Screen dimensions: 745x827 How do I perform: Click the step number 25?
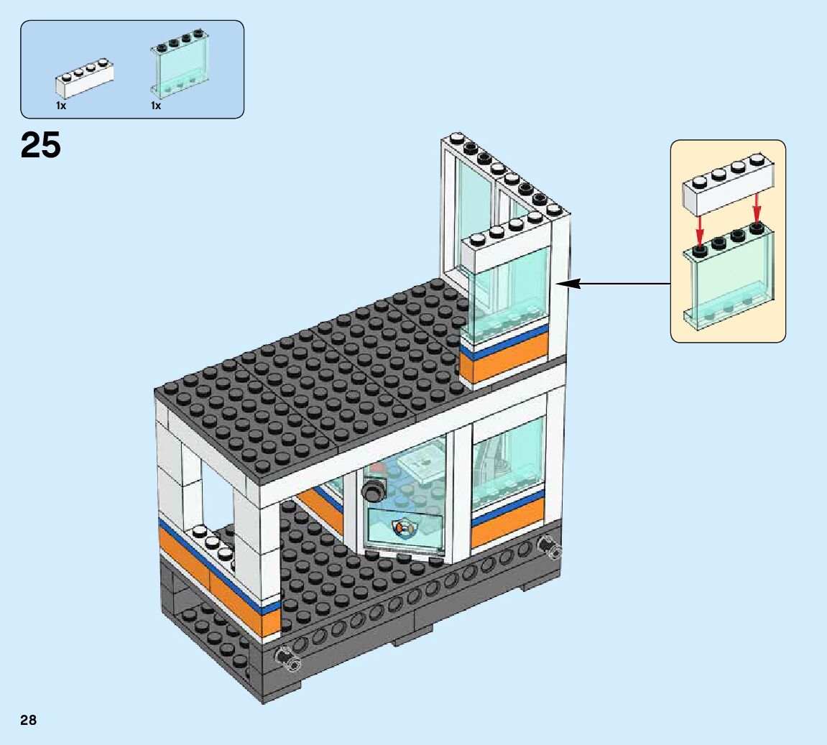(41, 145)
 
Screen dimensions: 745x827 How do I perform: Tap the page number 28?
(29, 720)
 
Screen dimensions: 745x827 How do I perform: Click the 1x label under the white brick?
(61, 106)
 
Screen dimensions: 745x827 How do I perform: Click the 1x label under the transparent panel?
(155, 106)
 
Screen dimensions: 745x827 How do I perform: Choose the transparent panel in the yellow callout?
(729, 284)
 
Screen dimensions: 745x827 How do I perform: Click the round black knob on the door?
(373, 492)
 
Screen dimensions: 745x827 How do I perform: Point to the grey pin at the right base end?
(550, 550)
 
